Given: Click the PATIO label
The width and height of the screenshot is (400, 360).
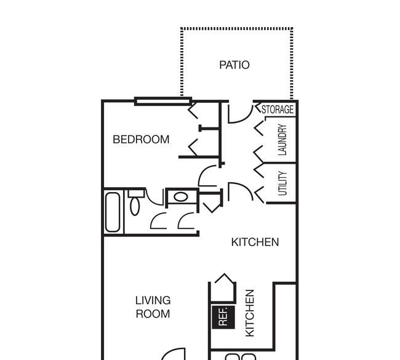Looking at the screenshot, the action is [x=234, y=65].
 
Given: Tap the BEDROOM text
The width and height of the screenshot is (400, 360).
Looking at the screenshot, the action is [x=141, y=139].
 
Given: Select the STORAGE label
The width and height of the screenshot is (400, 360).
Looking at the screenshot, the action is [x=278, y=109].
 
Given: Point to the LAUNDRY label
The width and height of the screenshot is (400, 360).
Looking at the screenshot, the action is [x=282, y=140].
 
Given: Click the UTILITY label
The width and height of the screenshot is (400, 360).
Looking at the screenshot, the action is [x=282, y=183].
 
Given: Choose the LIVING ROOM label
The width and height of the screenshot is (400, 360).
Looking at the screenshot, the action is [x=153, y=307].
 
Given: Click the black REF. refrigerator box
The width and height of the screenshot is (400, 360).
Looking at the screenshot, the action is [x=223, y=317].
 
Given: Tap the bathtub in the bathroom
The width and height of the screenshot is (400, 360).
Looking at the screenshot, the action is [x=113, y=212].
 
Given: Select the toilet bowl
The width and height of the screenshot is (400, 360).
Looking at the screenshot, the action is [x=135, y=206].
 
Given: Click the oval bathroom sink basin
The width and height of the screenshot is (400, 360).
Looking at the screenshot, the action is [x=181, y=197].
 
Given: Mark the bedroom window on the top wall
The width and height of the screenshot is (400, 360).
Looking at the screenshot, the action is [x=163, y=102].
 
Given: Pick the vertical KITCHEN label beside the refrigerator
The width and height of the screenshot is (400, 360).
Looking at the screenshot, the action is [x=250, y=313].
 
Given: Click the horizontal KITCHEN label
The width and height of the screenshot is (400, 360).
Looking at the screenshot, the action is [x=255, y=242].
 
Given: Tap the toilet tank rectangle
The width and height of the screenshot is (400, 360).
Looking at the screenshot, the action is [x=137, y=193].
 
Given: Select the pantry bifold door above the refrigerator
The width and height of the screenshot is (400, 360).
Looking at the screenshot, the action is [x=225, y=279].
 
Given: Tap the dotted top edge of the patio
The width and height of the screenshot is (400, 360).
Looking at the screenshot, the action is [x=236, y=28].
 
